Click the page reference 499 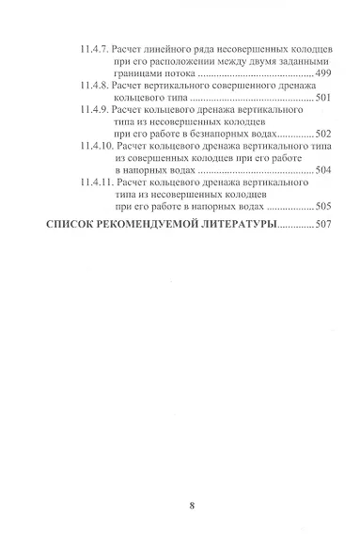pyautogui.click(x=320, y=71)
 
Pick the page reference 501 pyautogui.click(x=320, y=98)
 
